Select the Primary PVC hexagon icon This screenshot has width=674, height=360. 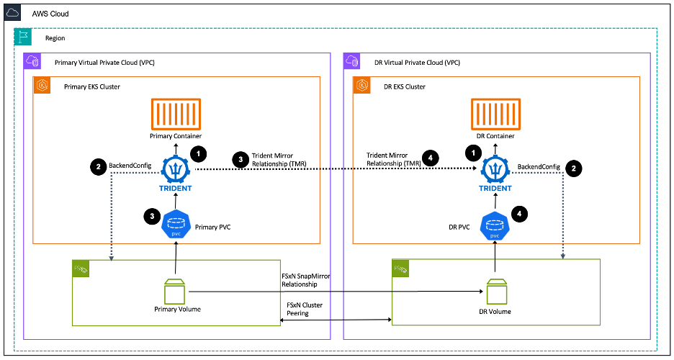point(176,223)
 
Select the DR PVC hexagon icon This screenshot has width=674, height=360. point(494,225)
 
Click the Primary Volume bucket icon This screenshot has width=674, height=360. point(176,291)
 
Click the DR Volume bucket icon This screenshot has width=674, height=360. point(495,291)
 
